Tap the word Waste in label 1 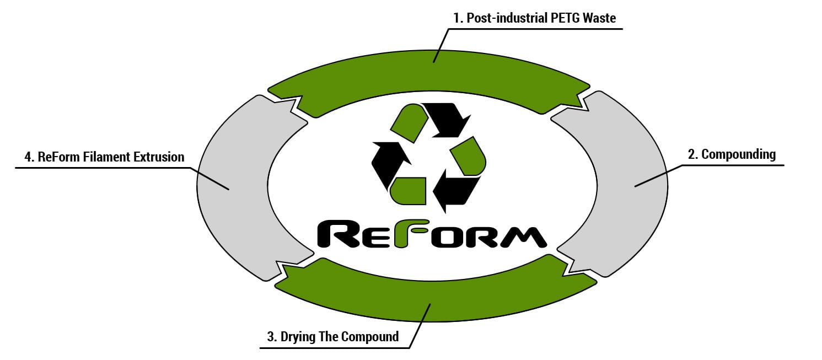point(600,18)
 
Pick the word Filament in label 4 point(105,157)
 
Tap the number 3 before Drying point(271,337)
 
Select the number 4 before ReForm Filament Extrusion point(28,157)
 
